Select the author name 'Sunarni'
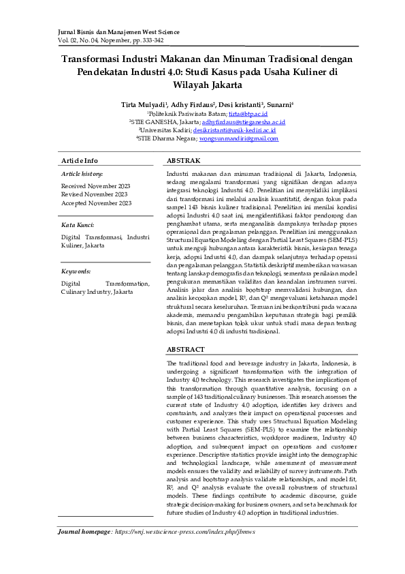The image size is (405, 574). point(280,105)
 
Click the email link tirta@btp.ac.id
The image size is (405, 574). point(248,113)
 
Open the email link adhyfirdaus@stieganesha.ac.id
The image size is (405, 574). point(243,121)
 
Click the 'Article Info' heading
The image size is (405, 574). point(80,160)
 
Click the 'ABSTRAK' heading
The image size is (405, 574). point(184,160)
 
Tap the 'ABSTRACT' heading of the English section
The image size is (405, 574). point(186,348)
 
